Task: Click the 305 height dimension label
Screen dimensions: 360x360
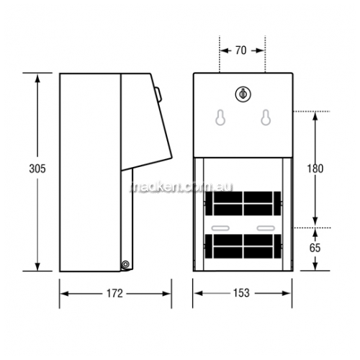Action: coord(37,168)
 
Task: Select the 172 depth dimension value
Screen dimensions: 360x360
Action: coord(114,293)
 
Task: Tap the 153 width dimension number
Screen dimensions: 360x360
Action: coord(241,293)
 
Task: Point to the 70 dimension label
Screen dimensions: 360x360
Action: coord(240,50)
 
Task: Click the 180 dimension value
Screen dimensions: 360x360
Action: coord(315,168)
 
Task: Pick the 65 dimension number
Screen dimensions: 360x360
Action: coord(315,248)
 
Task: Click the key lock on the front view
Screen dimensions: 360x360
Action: coord(243,94)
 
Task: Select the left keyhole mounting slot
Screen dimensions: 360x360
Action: coord(220,117)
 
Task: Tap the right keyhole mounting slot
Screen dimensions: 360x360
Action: coord(266,117)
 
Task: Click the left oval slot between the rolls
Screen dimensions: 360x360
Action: coord(220,228)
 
